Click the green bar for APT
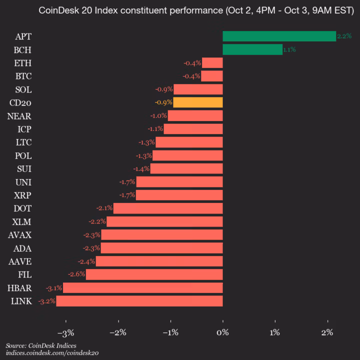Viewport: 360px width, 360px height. click(279, 36)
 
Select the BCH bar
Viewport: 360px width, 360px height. click(252, 49)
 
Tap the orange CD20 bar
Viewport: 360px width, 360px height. click(198, 102)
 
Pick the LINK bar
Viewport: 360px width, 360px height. click(139, 301)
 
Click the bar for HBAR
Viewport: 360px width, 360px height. click(143, 288)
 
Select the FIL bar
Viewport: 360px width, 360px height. click(154, 274)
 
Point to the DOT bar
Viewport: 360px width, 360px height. click(168, 208)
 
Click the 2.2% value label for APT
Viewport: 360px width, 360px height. click(344, 36)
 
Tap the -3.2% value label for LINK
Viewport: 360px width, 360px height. click(46, 301)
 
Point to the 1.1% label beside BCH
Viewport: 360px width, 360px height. click(289, 49)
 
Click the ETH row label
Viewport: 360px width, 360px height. click(23, 63)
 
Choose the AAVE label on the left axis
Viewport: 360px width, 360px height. click(20, 261)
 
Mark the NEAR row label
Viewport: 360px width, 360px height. click(20, 116)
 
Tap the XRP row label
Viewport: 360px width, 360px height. click(23, 195)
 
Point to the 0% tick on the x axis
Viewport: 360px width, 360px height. click(222, 332)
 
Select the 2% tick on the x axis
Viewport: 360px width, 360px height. click(327, 332)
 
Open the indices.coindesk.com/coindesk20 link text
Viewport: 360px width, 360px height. click(52, 353)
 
